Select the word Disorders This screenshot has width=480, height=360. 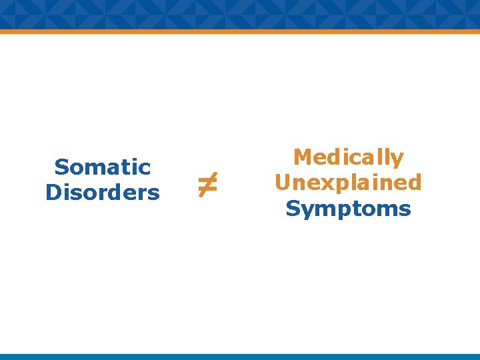[103, 193]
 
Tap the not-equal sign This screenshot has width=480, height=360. [207, 183]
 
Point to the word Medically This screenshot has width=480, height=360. [349, 157]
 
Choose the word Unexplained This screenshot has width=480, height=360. [349, 183]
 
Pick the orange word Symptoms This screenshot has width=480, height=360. [349, 209]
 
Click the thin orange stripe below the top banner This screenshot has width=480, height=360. [240, 31]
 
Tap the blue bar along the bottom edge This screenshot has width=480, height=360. [240, 357]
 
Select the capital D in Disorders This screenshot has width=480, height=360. [53, 193]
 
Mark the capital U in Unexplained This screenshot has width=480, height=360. [283, 183]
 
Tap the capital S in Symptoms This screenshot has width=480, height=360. [292, 209]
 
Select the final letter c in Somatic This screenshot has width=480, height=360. [145, 167]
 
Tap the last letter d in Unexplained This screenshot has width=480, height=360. [415, 183]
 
